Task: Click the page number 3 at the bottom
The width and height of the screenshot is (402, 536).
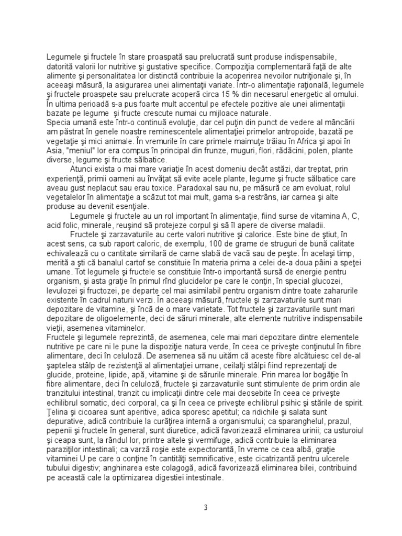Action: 206,507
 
